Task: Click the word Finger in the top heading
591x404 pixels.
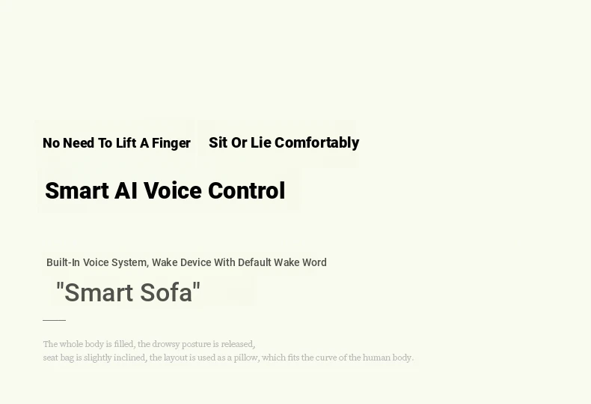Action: point(171,143)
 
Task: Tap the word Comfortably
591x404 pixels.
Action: point(316,143)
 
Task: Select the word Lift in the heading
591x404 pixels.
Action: point(126,143)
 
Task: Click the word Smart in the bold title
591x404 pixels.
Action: point(77,190)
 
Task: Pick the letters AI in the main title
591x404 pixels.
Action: point(126,190)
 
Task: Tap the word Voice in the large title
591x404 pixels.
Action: point(173,190)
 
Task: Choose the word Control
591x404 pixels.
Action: point(247,190)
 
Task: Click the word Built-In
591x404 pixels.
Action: point(63,262)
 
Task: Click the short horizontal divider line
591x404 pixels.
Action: point(55,320)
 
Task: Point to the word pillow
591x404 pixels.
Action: point(247,358)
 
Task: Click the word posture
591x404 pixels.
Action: point(196,344)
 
